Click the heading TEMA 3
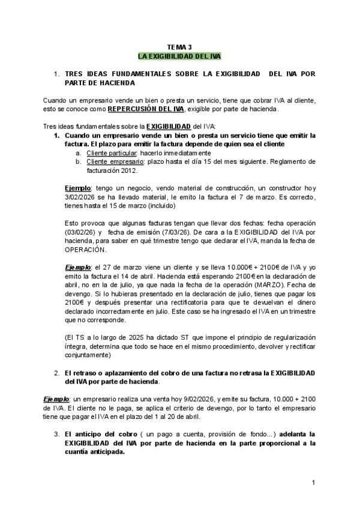[x=179, y=47]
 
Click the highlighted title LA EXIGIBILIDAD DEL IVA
[x=179, y=56]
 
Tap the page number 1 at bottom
[x=313, y=483]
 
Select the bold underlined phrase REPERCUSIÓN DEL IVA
[x=146, y=109]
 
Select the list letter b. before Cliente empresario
[x=78, y=162]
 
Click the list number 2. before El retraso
[x=57, y=372]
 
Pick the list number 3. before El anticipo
[x=57, y=433]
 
